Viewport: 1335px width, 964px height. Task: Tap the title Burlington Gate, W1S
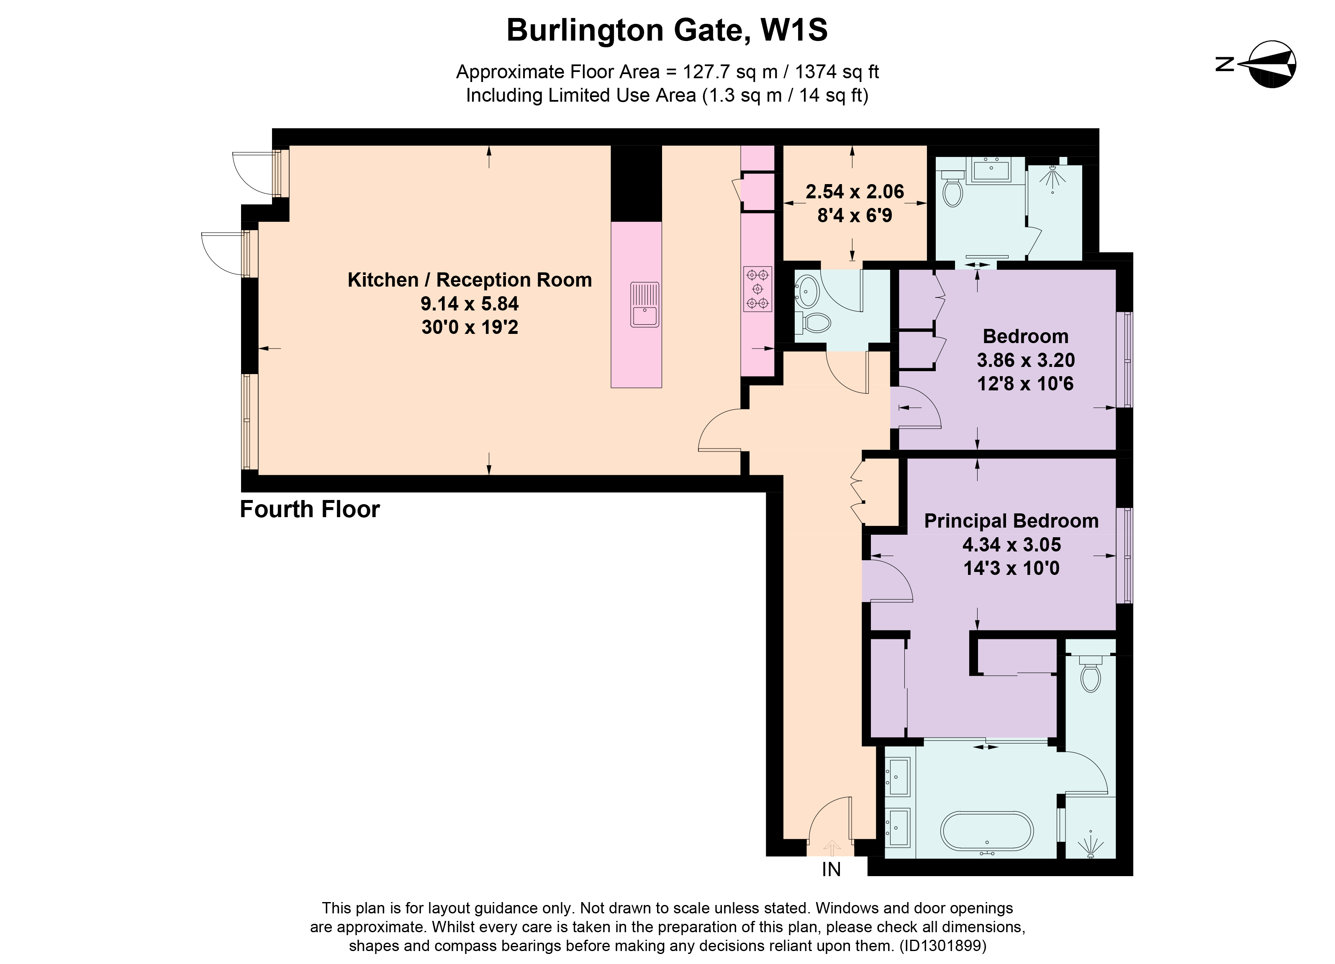coord(667,30)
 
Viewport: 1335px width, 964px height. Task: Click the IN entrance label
coord(831,869)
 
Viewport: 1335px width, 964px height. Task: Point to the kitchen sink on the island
coord(644,304)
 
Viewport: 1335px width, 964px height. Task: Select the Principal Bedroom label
coord(1011,521)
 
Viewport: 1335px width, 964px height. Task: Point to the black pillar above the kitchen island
coord(636,183)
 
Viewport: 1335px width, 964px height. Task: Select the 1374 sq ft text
coord(837,72)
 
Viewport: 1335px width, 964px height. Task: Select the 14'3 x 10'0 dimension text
coord(1011,568)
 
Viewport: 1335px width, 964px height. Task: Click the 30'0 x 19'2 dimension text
coord(470,327)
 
